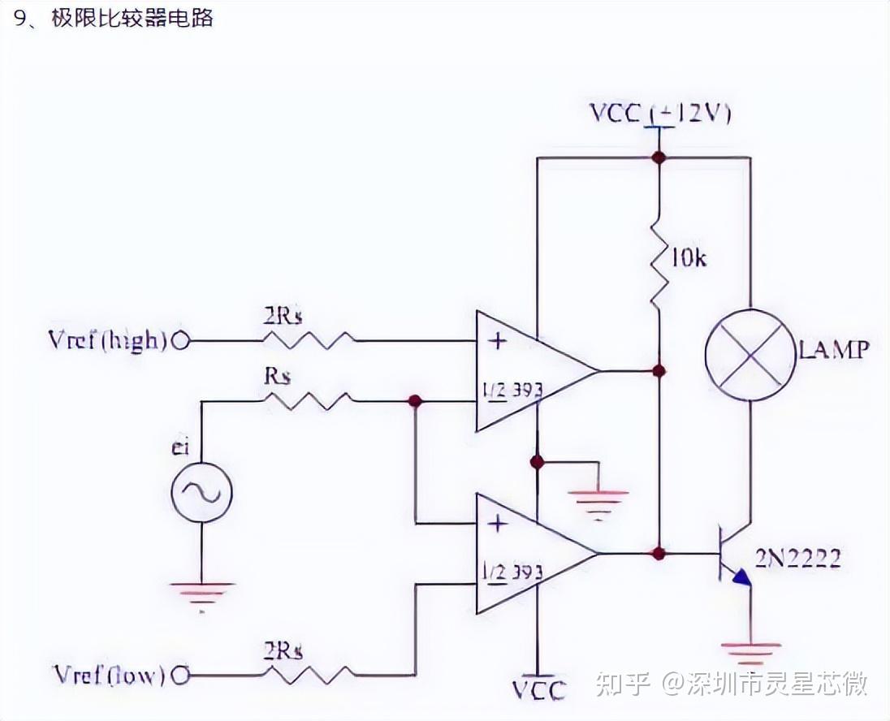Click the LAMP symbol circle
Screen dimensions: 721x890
pyautogui.click(x=748, y=351)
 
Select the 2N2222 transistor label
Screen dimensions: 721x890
pyautogui.click(x=797, y=559)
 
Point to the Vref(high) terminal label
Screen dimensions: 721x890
pyautogui.click(x=107, y=340)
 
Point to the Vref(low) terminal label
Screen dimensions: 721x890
pyautogui.click(x=109, y=674)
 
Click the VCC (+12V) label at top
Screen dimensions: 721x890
pyautogui.click(x=659, y=114)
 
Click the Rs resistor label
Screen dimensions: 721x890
pyautogui.click(x=278, y=378)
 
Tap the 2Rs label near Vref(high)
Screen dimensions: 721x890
pyautogui.click(x=283, y=316)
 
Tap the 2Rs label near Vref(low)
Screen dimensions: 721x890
pyautogui.click(x=283, y=650)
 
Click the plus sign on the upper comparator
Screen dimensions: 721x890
pyautogui.click(x=498, y=341)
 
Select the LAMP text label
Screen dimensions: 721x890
pyautogui.click(x=834, y=351)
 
